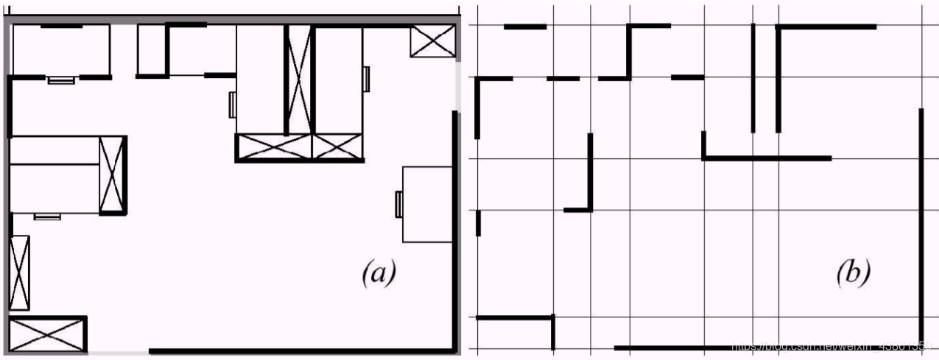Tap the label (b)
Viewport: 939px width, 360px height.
pyautogui.click(x=853, y=273)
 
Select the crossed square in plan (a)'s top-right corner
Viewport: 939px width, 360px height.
pyautogui.click(x=432, y=41)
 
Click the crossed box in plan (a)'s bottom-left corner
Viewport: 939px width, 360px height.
pyautogui.click(x=46, y=333)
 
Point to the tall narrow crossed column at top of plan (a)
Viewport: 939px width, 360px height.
pyautogui.click(x=298, y=80)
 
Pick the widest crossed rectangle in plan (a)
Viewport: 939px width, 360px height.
pyautogui.click(x=273, y=147)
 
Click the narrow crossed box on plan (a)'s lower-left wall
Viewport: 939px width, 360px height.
pyautogui.click(x=20, y=272)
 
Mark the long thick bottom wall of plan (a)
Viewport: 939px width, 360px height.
pyautogui.click(x=302, y=351)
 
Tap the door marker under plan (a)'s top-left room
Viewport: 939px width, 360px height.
pyautogui.click(x=60, y=80)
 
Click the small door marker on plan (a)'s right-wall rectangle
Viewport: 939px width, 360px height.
pyautogui.click(x=399, y=204)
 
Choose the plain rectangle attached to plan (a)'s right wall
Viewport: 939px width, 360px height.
pyautogui.click(x=426, y=204)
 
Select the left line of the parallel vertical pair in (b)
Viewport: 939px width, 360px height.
pyautogui.click(x=753, y=77)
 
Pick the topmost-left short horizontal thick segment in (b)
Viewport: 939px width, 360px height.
pyautogui.click(x=525, y=27)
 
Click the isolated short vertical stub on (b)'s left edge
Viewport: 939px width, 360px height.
pyautogui.click(x=478, y=222)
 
